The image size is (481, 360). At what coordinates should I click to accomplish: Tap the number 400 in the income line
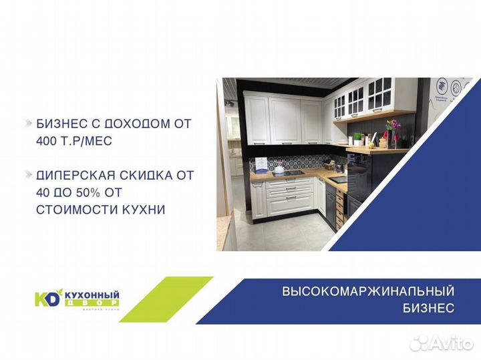(x=47, y=142)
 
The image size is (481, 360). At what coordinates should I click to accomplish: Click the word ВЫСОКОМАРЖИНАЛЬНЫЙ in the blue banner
(x=368, y=292)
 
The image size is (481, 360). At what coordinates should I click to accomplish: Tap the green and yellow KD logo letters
(x=48, y=297)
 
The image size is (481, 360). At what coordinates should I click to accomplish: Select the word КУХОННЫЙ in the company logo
(x=92, y=293)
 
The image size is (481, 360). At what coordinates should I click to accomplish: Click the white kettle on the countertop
(x=278, y=169)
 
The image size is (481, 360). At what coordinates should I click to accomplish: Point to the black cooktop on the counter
(x=295, y=173)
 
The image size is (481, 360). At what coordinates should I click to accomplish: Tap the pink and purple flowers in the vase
(x=392, y=126)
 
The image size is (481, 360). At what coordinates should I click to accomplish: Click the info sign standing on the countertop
(x=262, y=164)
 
